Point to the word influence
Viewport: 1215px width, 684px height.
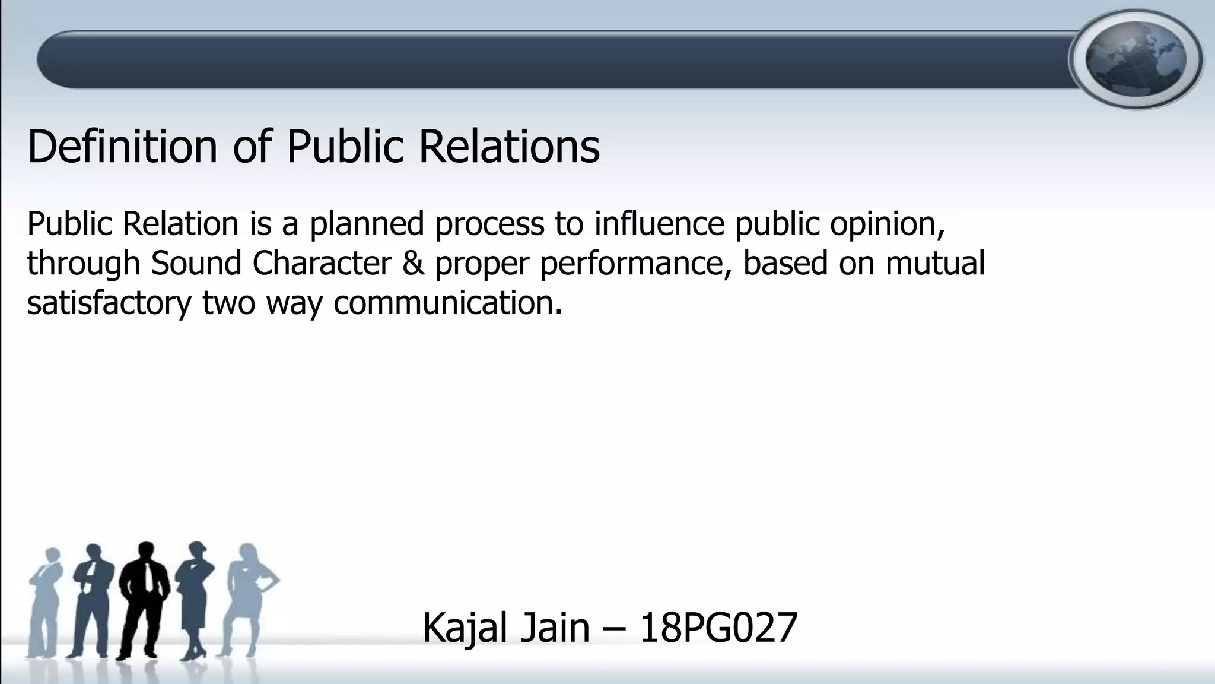(x=659, y=224)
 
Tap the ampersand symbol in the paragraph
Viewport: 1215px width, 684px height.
(x=413, y=264)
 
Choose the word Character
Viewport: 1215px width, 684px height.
(x=322, y=264)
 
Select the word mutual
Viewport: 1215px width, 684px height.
(x=935, y=264)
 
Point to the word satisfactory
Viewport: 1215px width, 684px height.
(x=109, y=303)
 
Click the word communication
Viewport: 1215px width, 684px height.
(x=447, y=303)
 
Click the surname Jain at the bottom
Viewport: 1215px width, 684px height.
(x=555, y=628)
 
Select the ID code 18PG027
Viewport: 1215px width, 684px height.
(x=718, y=628)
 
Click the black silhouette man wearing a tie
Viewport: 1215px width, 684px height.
(x=144, y=600)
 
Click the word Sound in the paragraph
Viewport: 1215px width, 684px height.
(x=196, y=264)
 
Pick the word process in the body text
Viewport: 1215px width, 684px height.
(x=489, y=224)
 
